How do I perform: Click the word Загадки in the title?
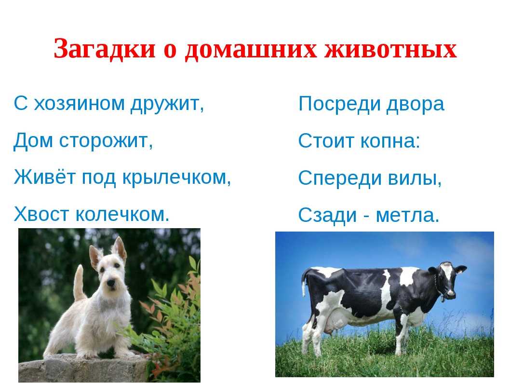tap(105, 49)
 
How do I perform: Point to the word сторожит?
tap(106, 141)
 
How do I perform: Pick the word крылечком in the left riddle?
tap(176, 178)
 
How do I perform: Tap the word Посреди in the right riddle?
tap(339, 104)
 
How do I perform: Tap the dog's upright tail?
tap(79, 283)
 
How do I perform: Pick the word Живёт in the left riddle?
tap(45, 177)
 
